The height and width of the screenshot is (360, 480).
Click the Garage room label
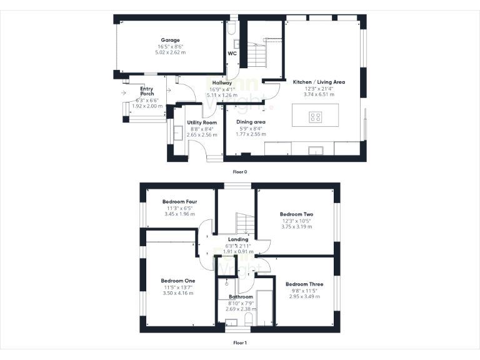tap(169, 40)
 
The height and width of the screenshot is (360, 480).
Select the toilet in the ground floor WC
tap(232, 28)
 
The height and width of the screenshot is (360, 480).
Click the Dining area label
tap(251, 122)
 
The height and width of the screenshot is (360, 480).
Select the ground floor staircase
tap(257, 53)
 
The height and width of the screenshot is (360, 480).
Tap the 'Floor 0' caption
tap(240, 171)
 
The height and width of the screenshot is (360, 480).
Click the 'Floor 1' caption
tap(240, 342)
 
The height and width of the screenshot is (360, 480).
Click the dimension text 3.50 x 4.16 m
tap(178, 293)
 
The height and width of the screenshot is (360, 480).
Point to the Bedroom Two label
tap(296, 214)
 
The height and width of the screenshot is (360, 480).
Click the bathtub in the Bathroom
tap(266, 307)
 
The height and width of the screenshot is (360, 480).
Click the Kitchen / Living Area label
tap(319, 82)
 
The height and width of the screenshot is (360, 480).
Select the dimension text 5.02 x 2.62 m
tap(170, 52)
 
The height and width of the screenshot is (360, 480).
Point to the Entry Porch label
tap(147, 91)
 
